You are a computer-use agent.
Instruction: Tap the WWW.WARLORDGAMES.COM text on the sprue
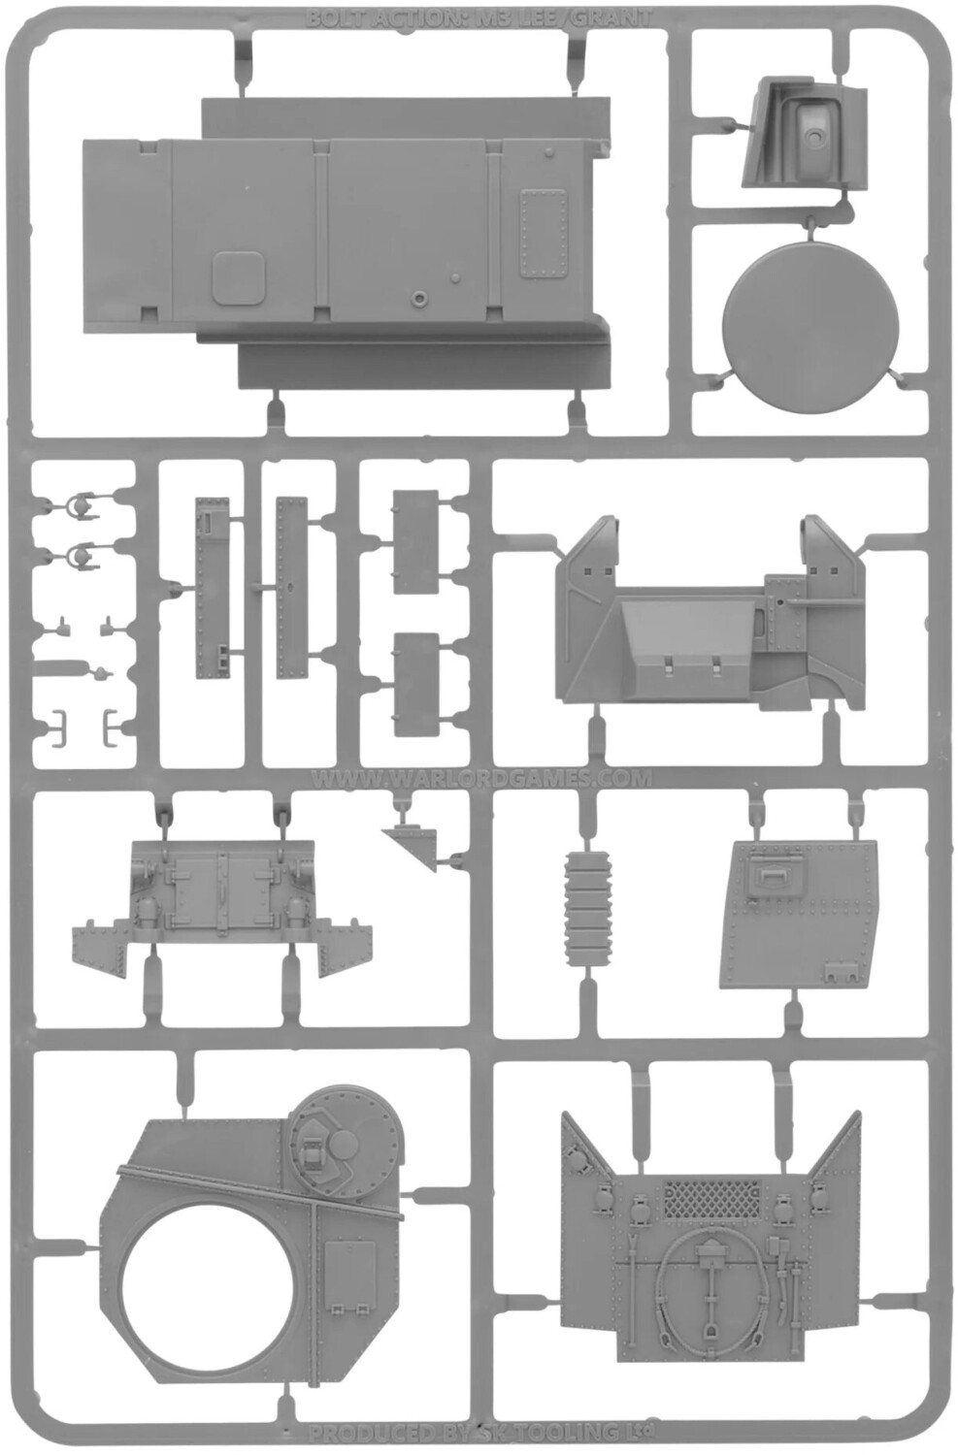(482, 778)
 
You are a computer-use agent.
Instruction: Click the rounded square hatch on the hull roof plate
(239, 275)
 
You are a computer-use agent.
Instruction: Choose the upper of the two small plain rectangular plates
(415, 540)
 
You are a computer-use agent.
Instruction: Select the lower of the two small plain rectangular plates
(415, 685)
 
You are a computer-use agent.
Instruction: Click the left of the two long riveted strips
(210, 587)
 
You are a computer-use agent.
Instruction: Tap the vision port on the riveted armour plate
(776, 872)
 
